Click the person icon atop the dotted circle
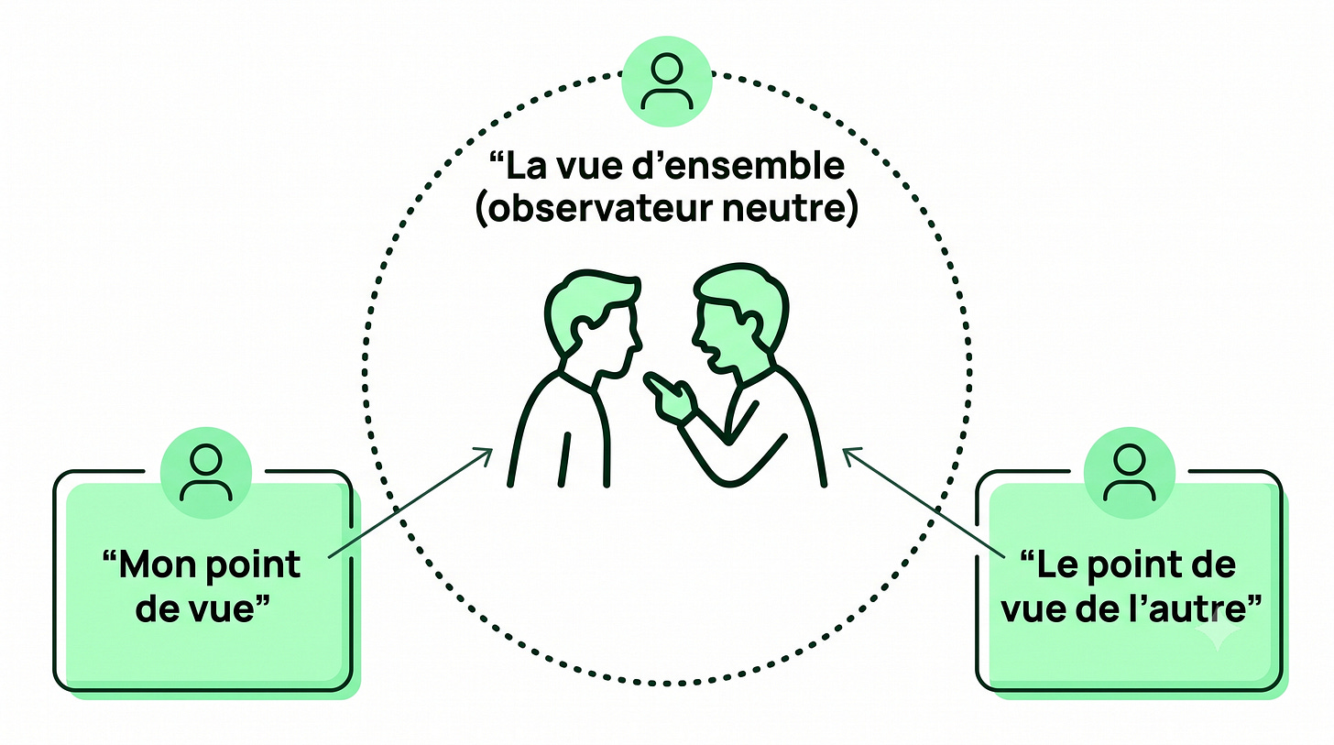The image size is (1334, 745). click(x=666, y=82)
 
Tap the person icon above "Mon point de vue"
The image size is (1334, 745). click(x=206, y=473)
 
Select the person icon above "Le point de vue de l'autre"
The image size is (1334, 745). click(x=1129, y=473)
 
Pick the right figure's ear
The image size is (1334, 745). click(x=751, y=322)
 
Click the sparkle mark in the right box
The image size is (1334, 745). click(x=1218, y=632)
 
